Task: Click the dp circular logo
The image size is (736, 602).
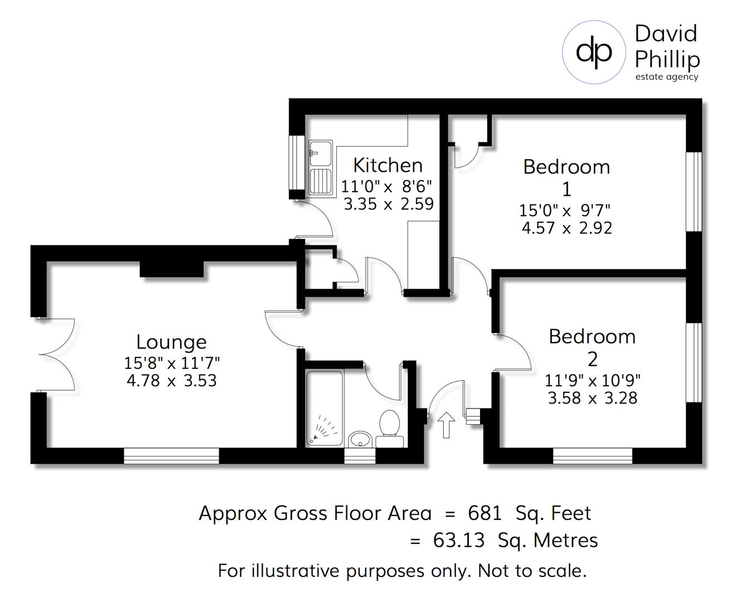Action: pyautogui.click(x=594, y=52)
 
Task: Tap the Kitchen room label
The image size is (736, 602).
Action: pyautogui.click(x=388, y=166)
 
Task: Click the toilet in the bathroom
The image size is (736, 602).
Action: pyautogui.click(x=389, y=429)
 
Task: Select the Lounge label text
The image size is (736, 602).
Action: pyautogui.click(x=171, y=342)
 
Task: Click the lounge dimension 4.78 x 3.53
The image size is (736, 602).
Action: pyautogui.click(x=171, y=381)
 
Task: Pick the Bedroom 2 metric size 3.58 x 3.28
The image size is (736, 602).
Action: pyautogui.click(x=592, y=398)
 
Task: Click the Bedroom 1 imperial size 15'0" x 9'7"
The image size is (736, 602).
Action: pyautogui.click(x=565, y=211)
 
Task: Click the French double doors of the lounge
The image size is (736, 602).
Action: pyautogui.click(x=56, y=355)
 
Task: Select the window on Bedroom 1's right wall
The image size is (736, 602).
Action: pyautogui.click(x=694, y=191)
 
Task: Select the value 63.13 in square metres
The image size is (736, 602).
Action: pyautogui.click(x=458, y=540)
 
